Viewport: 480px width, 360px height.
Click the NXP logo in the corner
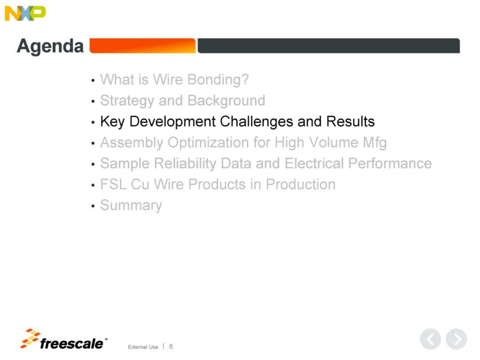tap(25, 13)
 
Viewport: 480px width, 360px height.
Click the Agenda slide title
tap(50, 47)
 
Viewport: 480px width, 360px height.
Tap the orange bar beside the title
tap(142, 46)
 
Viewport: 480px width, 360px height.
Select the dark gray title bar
tap(328, 46)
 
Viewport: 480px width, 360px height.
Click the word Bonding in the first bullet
tap(218, 80)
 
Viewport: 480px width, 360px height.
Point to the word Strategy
tap(127, 101)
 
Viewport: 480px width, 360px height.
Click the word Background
tap(226, 100)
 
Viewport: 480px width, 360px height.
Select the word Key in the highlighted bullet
tap(112, 122)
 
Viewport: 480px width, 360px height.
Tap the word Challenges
tap(256, 122)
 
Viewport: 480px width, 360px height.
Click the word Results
tap(350, 121)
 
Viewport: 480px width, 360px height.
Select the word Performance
tap(390, 163)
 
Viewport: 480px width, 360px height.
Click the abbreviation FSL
tap(113, 184)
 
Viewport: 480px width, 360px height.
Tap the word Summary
tap(131, 205)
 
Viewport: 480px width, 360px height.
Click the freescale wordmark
tap(72, 344)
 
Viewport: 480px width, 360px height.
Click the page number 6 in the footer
tap(171, 347)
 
